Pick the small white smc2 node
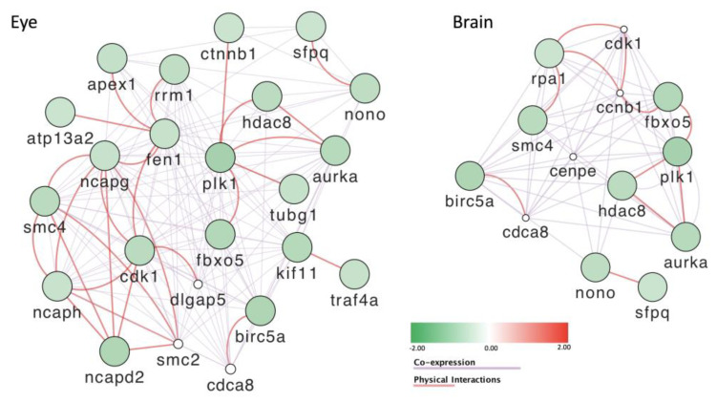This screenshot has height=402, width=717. [x=177, y=343]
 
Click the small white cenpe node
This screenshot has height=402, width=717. [x=574, y=157]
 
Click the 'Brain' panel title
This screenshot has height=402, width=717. [x=474, y=21]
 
